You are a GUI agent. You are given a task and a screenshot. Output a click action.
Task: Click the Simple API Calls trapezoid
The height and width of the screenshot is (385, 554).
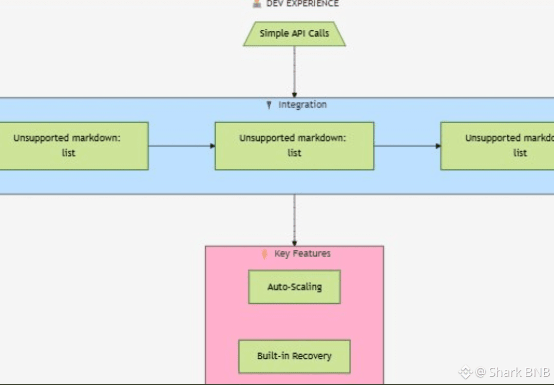click(x=294, y=34)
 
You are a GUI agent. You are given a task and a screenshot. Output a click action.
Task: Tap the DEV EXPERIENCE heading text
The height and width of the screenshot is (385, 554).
click(x=302, y=4)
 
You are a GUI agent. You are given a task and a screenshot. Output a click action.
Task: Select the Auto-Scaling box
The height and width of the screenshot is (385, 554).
click(x=294, y=287)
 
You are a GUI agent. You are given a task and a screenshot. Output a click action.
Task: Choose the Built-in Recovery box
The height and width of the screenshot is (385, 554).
click(x=294, y=356)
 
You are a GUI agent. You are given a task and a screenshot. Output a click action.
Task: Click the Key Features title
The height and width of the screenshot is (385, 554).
click(x=302, y=254)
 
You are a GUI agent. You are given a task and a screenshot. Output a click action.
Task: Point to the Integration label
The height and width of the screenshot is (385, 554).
click(x=302, y=105)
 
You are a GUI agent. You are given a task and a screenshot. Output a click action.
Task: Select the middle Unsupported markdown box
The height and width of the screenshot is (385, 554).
click(x=294, y=146)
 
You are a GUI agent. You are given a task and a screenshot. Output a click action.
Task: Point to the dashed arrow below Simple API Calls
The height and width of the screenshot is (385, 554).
click(x=294, y=72)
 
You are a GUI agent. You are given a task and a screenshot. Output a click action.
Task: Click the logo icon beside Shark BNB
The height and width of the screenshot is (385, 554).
click(x=466, y=372)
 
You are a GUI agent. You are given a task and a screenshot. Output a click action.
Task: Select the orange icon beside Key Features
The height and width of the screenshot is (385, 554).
click(x=264, y=254)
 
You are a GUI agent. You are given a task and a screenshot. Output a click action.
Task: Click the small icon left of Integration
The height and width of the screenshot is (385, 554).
click(x=269, y=105)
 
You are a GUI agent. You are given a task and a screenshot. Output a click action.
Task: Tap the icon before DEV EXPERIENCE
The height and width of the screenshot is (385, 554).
click(x=257, y=3)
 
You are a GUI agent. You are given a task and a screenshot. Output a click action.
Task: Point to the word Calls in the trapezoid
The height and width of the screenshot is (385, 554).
click(x=319, y=34)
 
